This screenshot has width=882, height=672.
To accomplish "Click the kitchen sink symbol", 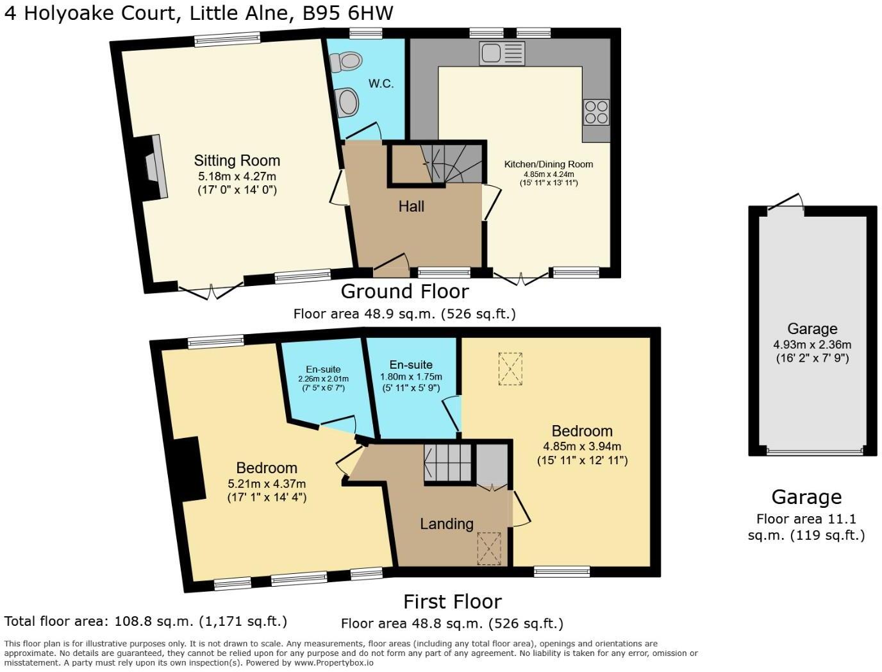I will [x=501, y=53].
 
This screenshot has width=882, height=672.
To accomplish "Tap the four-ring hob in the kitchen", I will [x=596, y=112].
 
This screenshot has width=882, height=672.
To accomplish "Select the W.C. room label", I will [x=381, y=84].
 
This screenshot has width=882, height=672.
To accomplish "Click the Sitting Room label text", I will [x=237, y=160].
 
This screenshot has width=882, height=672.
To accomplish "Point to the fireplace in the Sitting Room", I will [x=154, y=167].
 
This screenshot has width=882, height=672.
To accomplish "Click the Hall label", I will [x=411, y=206].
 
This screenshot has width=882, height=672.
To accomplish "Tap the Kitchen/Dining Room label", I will [x=548, y=164].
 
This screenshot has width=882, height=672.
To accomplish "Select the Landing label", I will [x=446, y=524].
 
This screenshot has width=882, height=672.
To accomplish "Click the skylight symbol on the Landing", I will [x=489, y=549].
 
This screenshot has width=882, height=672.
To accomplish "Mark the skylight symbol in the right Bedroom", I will [x=510, y=369].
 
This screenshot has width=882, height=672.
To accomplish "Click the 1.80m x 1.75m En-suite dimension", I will [x=411, y=376].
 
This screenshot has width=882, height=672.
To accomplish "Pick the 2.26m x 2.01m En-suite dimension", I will [x=323, y=379].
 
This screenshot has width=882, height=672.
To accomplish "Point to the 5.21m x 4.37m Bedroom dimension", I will [x=267, y=483].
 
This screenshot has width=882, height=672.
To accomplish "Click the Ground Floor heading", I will [x=404, y=292].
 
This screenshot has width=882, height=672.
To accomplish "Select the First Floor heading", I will [x=452, y=601].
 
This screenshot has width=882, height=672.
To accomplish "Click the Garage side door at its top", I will [x=786, y=202].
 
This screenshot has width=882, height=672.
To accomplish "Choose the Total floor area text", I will [x=146, y=621].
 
